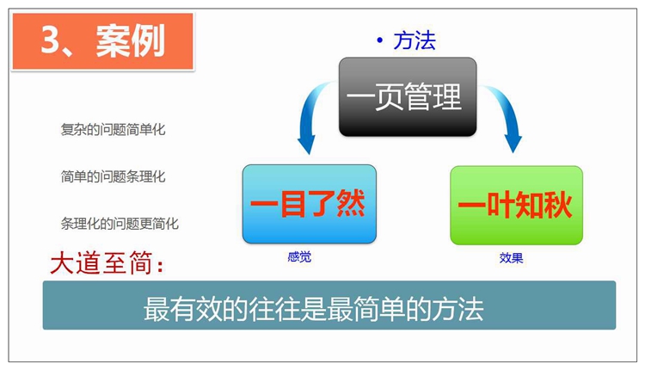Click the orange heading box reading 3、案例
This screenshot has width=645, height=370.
click(103, 41)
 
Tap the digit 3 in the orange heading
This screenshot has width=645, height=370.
click(51, 40)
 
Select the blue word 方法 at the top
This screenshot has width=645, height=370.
click(415, 40)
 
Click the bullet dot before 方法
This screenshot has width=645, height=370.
click(379, 40)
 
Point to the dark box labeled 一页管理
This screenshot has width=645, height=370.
click(408, 96)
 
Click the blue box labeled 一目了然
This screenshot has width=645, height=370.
click(310, 204)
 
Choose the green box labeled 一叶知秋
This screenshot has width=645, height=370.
click(516, 206)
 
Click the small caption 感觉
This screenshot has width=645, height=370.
click(299, 257)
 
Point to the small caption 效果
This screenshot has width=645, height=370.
click(511, 258)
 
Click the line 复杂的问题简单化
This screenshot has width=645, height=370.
click(114, 130)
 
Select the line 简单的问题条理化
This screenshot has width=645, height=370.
click(114, 176)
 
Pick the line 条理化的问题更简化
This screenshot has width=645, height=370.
click(120, 224)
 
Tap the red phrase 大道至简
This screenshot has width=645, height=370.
click(102, 263)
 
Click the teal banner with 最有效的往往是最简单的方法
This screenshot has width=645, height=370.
click(329, 305)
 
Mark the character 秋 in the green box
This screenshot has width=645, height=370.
click(557, 205)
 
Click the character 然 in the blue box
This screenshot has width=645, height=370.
click(351, 203)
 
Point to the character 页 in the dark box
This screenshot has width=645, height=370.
click(389, 96)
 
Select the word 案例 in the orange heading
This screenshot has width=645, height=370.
click(130, 40)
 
